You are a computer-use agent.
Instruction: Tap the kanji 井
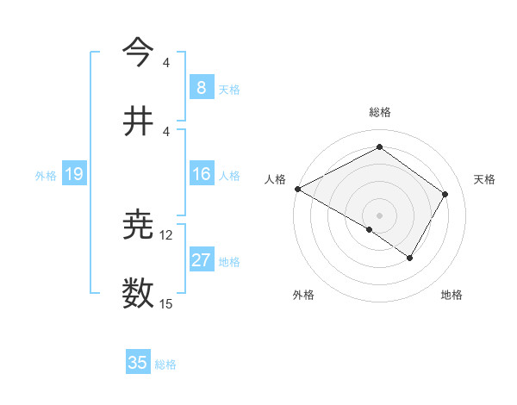(139, 121)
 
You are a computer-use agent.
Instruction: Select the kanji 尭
(139, 225)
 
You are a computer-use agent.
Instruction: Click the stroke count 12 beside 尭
(166, 235)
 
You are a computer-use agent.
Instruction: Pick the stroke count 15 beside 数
(166, 304)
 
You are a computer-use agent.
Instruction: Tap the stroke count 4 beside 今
(166, 62)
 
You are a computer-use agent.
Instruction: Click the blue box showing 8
(201, 88)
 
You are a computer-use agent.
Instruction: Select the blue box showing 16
(201, 175)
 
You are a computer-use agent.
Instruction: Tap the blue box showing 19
(74, 175)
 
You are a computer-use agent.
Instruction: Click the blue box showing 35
(137, 363)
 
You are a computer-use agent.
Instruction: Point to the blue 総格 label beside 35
(165, 364)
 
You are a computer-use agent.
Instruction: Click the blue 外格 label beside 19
(46, 176)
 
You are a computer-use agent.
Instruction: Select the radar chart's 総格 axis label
(379, 112)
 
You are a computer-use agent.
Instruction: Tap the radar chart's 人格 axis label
(275, 179)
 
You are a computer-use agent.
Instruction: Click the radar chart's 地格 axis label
(452, 295)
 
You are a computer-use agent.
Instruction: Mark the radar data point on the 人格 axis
(297, 189)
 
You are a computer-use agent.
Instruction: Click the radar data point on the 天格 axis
(445, 194)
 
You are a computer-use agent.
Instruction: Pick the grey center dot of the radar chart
(379, 215)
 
